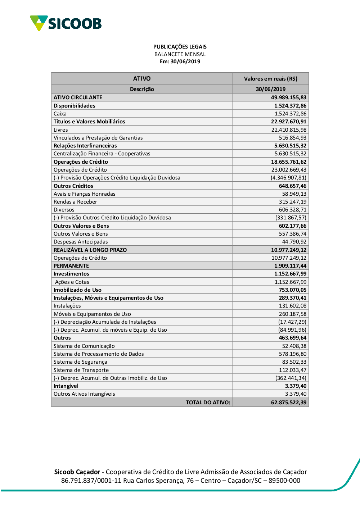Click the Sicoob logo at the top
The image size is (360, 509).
[66, 23]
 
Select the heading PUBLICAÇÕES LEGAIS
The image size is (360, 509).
[180, 47]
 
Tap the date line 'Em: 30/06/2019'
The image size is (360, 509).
[180, 62]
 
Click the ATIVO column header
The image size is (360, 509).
[142, 78]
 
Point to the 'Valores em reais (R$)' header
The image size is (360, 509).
[270, 79]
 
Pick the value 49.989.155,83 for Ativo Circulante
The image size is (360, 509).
[289, 97]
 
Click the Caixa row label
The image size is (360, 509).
[60, 114]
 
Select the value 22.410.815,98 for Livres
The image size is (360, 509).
[289, 130]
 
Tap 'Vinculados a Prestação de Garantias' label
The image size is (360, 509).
[98, 138]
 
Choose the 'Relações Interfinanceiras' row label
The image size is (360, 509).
[85, 146]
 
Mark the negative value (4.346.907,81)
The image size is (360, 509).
[288, 178]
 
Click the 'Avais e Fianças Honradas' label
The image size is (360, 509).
[85, 194]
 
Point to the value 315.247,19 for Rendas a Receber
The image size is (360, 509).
[293, 202]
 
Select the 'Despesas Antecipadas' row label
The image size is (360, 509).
[81, 242]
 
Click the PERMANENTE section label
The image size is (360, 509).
[71, 266]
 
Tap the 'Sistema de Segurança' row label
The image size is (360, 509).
[80, 362]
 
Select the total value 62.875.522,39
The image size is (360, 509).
[289, 403]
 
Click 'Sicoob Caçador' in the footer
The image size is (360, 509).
[77, 472]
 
